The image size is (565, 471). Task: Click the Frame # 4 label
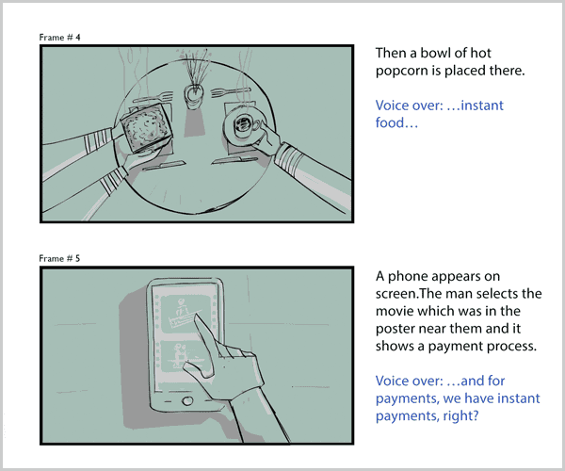[x=60, y=37]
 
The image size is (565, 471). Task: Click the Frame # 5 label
[x=59, y=258]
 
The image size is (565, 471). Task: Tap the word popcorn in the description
[x=402, y=71]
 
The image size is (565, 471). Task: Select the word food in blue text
[x=390, y=122]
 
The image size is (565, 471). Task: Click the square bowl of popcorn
[x=146, y=127]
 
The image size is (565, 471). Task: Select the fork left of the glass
[x=153, y=97]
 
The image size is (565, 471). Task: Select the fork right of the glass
[x=231, y=92]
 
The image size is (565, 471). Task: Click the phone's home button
[x=187, y=400]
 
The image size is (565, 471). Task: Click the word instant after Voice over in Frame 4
[x=482, y=106]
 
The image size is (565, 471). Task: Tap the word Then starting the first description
[x=391, y=54]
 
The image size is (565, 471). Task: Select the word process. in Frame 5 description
[x=512, y=347]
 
